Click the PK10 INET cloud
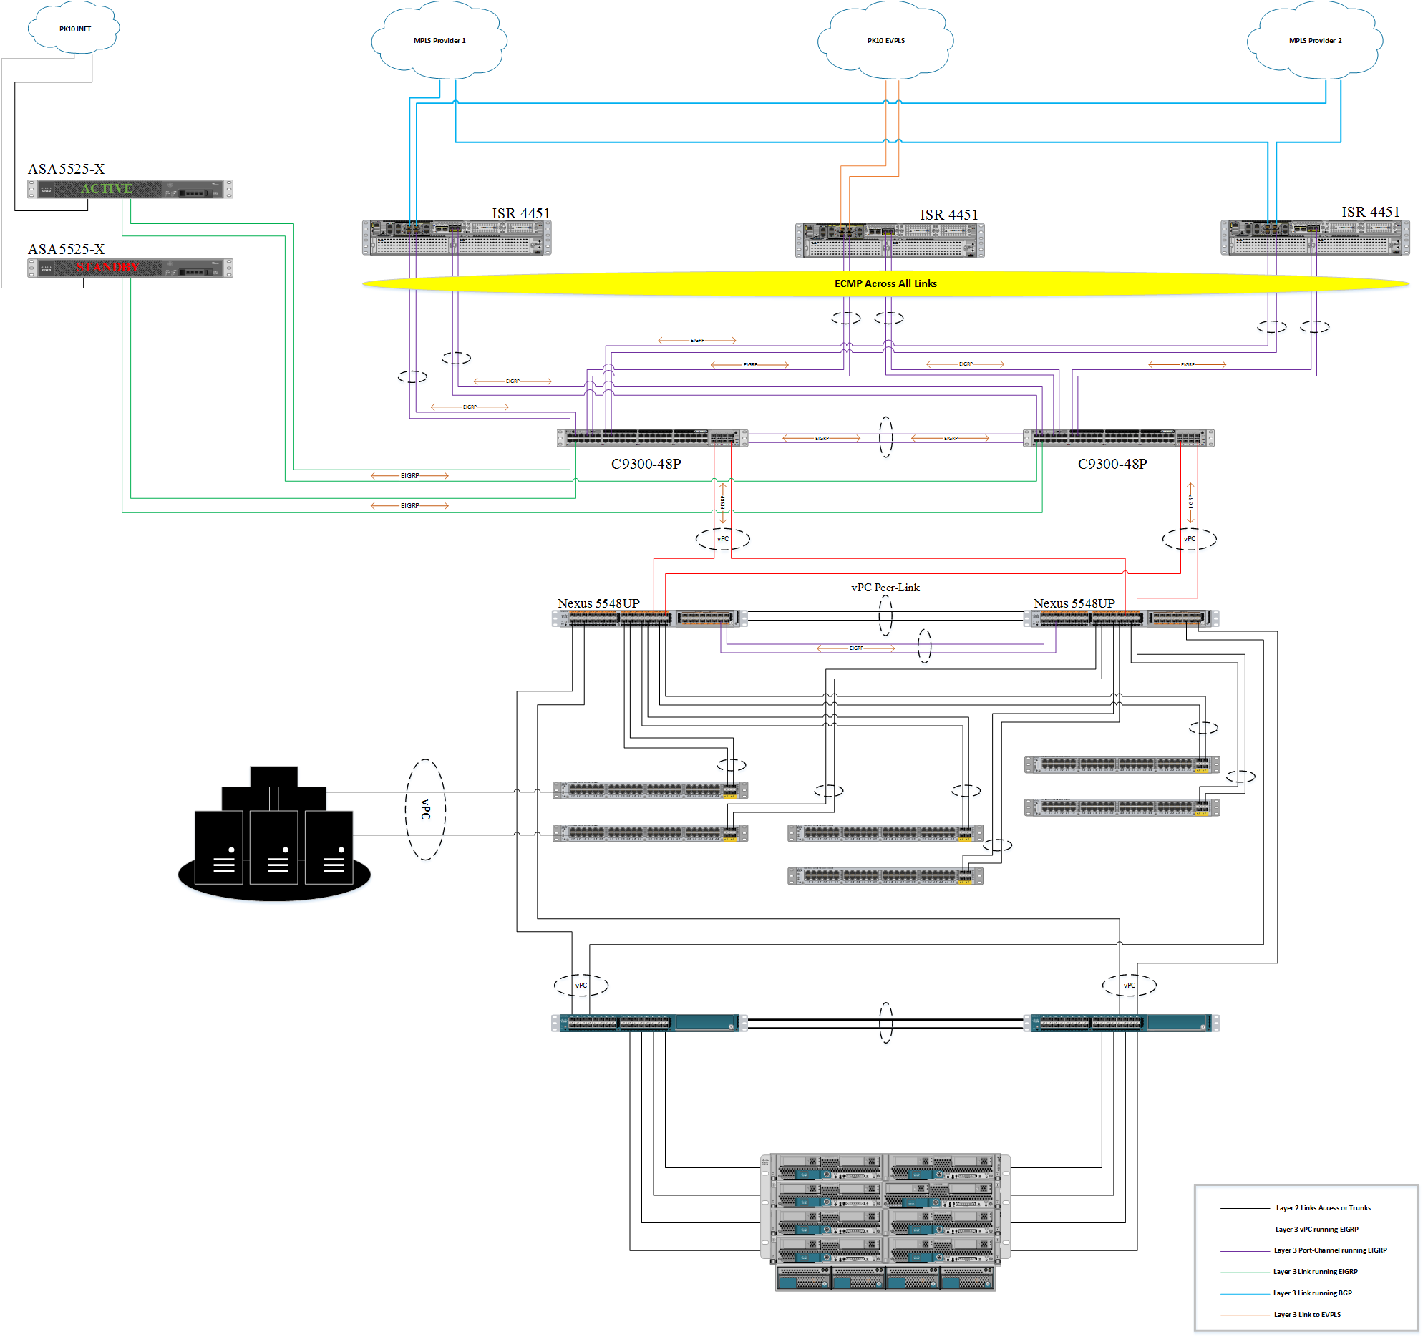click(x=74, y=29)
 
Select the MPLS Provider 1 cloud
click(x=439, y=40)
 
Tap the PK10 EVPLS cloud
click(x=885, y=40)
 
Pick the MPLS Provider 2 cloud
click(x=1315, y=40)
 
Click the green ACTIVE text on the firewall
click(x=106, y=188)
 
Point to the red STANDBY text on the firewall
click(x=107, y=268)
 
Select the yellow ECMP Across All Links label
click(x=885, y=283)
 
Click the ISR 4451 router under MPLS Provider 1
click(x=457, y=237)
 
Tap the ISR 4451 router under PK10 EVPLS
click(x=890, y=240)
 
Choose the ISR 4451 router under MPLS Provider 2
click(x=1315, y=237)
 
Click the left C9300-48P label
click(x=646, y=464)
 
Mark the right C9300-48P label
click(x=1112, y=464)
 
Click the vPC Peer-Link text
click(x=885, y=588)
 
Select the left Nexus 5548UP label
click(x=598, y=603)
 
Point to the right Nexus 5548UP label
click(x=1074, y=603)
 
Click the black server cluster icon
click(x=274, y=834)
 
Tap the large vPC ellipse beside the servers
click(x=425, y=810)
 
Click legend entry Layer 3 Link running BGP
click(x=1312, y=1293)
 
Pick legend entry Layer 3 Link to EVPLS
click(x=1307, y=1315)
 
